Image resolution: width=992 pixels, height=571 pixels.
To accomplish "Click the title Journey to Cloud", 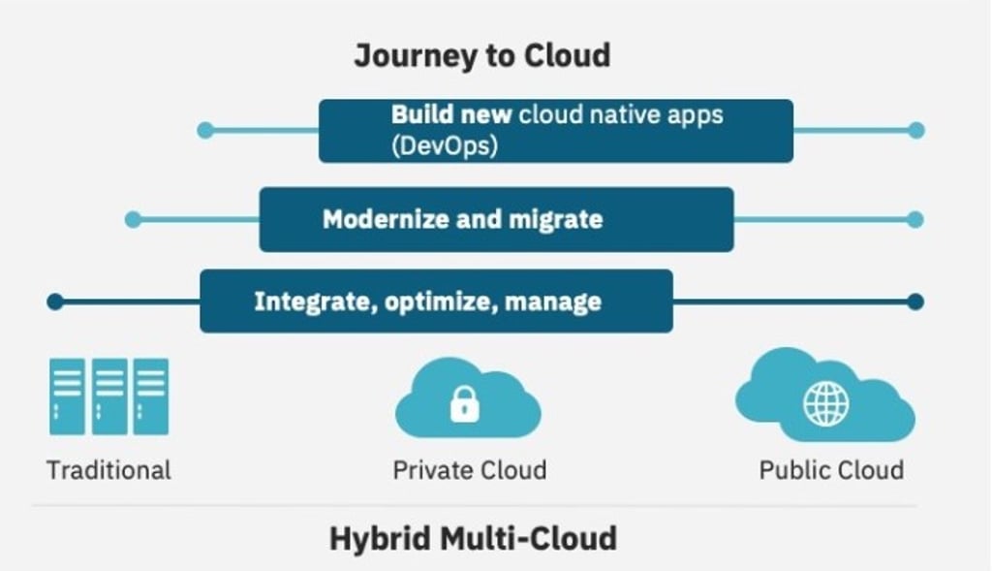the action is pyautogui.click(x=482, y=55).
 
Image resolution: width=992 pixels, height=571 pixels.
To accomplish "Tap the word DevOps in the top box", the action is pyautogui.click(x=445, y=145).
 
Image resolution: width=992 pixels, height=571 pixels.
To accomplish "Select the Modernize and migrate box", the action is pyautogui.click(x=497, y=220).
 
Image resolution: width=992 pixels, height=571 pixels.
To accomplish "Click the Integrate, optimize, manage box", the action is pyautogui.click(x=437, y=301).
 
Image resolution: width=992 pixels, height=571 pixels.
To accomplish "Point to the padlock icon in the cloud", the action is pyautogui.click(x=465, y=404).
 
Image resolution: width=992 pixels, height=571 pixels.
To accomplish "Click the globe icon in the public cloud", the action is pyautogui.click(x=826, y=404).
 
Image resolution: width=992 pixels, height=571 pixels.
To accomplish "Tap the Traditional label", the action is pyautogui.click(x=108, y=470).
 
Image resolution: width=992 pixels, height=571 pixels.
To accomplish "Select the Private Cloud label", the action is pyautogui.click(x=470, y=470).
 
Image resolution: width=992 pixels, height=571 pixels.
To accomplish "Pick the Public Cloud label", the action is pyautogui.click(x=831, y=470).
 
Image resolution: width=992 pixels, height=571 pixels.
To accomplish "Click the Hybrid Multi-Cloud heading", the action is pyautogui.click(x=473, y=539).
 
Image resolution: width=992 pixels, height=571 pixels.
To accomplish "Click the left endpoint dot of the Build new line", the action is pyautogui.click(x=205, y=131).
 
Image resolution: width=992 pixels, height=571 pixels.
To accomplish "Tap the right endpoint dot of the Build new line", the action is pyautogui.click(x=916, y=131).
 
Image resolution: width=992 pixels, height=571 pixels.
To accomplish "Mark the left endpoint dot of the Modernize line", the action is pyautogui.click(x=133, y=220).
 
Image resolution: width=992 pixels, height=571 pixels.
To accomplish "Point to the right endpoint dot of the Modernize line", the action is pyautogui.click(x=914, y=220).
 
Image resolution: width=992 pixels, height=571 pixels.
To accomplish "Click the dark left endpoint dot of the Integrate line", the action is pyautogui.click(x=55, y=301).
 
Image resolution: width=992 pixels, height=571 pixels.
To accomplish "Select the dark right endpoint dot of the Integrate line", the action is pyautogui.click(x=915, y=301).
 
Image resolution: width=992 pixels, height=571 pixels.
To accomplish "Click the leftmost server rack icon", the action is pyautogui.click(x=67, y=397).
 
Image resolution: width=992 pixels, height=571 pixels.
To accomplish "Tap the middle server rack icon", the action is pyautogui.click(x=109, y=397).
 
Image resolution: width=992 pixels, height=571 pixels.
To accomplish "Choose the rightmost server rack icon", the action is pyautogui.click(x=151, y=397).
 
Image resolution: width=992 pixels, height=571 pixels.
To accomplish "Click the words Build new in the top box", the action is pyautogui.click(x=451, y=114).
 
